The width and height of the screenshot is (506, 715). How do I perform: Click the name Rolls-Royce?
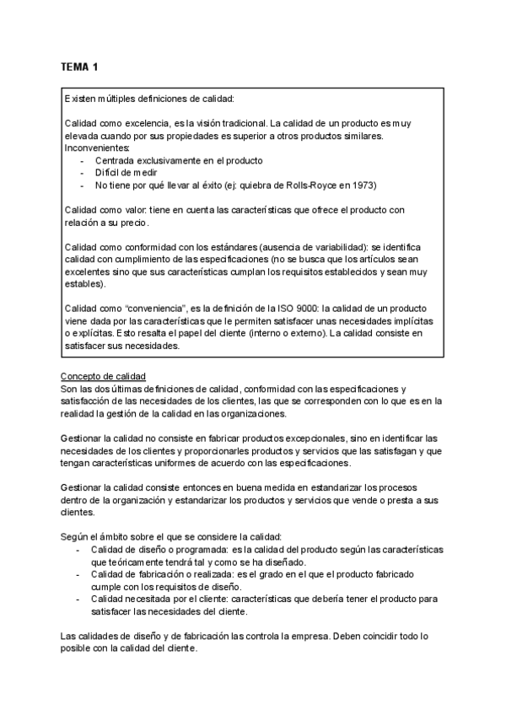[312, 185]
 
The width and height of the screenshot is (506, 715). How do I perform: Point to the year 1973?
[362, 185]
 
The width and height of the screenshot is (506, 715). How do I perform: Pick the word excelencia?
[151, 123]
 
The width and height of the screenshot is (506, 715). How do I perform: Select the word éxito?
[211, 185]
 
